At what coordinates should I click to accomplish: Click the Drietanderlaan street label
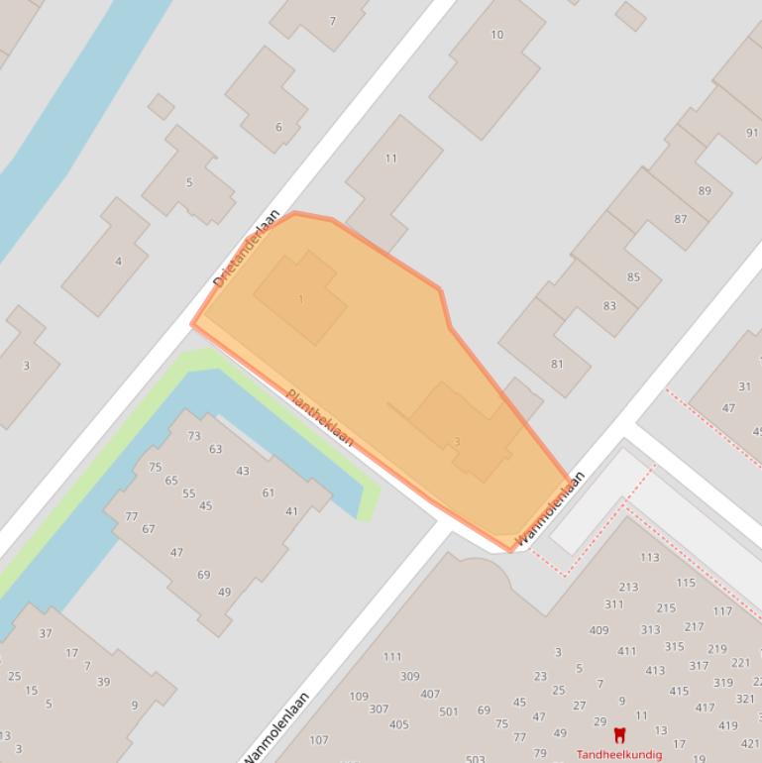coord(247,249)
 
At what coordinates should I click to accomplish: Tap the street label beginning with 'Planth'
coord(319,415)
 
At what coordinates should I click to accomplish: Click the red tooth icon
coord(620,735)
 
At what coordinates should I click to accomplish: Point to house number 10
coord(496,35)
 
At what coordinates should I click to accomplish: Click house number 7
coord(333,21)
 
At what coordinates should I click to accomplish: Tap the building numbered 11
coord(390,159)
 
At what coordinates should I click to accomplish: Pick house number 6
coord(278,127)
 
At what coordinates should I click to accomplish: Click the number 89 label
coord(705,191)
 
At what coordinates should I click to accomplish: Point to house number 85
coord(633,277)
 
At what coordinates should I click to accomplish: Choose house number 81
coord(557,365)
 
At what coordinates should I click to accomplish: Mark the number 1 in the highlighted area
coord(301,299)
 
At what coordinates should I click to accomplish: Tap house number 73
coord(194,436)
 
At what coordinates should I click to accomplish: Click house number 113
coord(649,558)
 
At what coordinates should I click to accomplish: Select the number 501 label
coord(448,711)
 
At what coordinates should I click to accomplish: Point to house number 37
coord(45,634)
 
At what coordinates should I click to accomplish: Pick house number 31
coord(744,387)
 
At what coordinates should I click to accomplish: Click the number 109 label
coord(359,697)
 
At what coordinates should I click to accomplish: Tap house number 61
coord(268,492)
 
